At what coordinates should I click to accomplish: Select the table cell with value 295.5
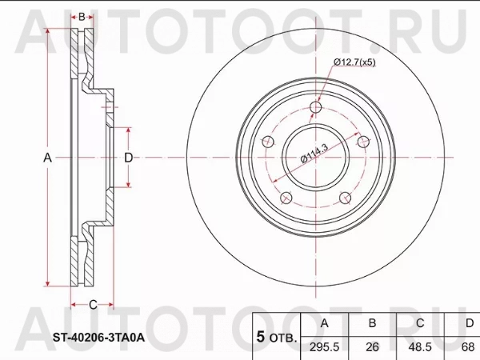(323, 348)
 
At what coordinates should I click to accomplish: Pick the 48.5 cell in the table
(420, 348)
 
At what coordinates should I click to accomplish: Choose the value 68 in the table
(469, 348)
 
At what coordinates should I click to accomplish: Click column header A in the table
(323, 323)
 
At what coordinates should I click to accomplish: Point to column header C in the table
(420, 323)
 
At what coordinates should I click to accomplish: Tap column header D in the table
(469, 323)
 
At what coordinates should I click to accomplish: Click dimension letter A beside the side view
(47, 158)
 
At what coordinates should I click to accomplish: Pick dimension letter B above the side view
(82, 17)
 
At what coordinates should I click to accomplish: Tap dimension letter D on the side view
(128, 158)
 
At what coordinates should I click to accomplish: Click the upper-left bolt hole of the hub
(269, 142)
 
